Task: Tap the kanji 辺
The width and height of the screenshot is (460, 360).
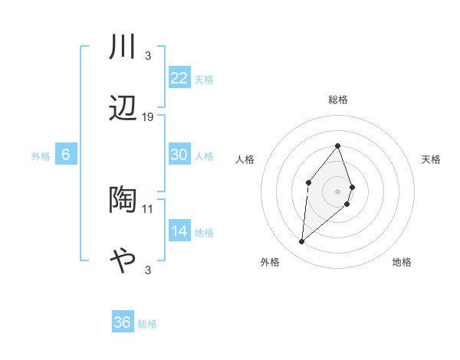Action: [x=123, y=108]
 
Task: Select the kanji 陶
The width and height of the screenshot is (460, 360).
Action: [x=123, y=200]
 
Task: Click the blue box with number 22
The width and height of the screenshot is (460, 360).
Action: [x=179, y=77]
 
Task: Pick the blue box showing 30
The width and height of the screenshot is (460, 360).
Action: [x=179, y=155]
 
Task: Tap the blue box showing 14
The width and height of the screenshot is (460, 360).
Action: [x=179, y=231]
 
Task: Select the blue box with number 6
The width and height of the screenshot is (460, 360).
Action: [x=66, y=155]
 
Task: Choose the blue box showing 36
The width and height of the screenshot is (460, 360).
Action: [x=123, y=322]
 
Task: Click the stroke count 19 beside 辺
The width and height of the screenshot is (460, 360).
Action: [x=148, y=117]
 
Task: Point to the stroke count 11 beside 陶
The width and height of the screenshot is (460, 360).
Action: [x=148, y=208]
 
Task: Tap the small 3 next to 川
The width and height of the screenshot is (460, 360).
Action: [x=147, y=56]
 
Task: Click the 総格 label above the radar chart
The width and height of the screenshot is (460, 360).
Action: [x=338, y=100]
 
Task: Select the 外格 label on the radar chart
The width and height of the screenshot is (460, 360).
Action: [x=270, y=262]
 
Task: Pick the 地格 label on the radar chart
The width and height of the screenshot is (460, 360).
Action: [x=402, y=262]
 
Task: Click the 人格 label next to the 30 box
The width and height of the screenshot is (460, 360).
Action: [x=204, y=155]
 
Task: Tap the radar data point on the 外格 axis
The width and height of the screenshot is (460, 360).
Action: [x=302, y=242]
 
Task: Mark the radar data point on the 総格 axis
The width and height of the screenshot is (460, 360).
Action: [x=338, y=146]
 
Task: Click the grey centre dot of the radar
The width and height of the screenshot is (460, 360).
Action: [x=338, y=191]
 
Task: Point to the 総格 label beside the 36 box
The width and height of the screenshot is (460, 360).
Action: [x=147, y=324]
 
